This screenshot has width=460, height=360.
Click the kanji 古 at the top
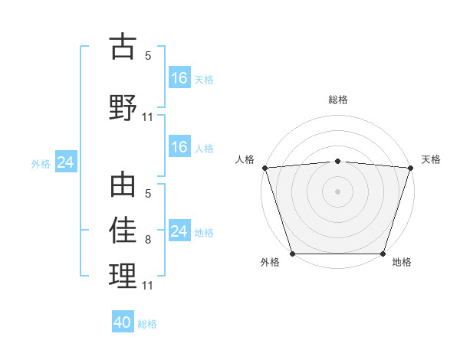(x=123, y=47)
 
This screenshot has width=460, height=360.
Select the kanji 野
(x=123, y=106)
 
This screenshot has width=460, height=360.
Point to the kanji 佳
(x=123, y=229)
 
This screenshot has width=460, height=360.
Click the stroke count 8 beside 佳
(x=148, y=240)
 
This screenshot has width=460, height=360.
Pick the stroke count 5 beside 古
(x=148, y=56)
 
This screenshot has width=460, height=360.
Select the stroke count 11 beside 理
(x=148, y=286)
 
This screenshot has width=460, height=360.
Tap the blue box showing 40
(x=123, y=322)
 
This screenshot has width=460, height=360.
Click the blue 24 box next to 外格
(x=65, y=162)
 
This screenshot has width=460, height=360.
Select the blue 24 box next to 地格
(x=179, y=231)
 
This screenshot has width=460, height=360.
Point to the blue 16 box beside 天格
(x=179, y=78)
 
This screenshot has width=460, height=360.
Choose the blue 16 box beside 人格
(x=179, y=147)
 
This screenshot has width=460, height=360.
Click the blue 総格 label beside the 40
(x=147, y=323)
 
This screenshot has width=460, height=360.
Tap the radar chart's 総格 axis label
(x=338, y=100)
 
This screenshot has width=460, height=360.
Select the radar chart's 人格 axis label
(x=245, y=159)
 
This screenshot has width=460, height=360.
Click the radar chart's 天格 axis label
(x=431, y=159)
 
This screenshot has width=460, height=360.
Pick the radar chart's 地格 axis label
(x=402, y=262)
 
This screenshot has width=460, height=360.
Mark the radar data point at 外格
(x=292, y=254)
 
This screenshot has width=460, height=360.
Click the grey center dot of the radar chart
(x=338, y=191)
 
